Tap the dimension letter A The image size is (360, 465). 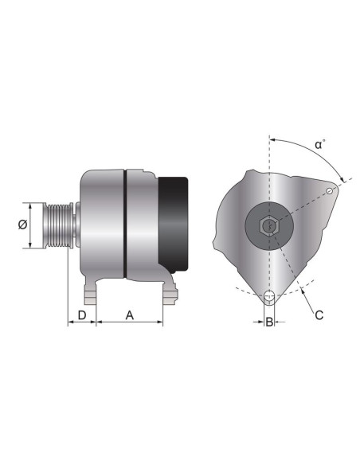[130, 315]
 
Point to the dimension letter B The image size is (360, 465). [270, 322]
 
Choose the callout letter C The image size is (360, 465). [319, 315]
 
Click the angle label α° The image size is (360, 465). [319, 145]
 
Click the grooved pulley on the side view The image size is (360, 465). [59, 225]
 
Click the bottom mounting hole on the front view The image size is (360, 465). [270, 299]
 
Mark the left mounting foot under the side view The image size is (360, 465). [90, 293]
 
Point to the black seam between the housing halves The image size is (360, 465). [125, 224]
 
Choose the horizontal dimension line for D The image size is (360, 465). [81, 323]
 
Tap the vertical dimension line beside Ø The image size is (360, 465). [31, 225]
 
